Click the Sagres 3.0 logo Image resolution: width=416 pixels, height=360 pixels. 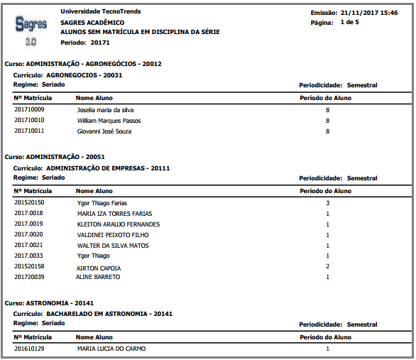click(31, 31)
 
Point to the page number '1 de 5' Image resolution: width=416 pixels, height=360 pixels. click(350, 23)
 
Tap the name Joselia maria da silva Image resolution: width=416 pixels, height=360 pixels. click(106, 110)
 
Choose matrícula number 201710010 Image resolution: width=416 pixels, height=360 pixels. click(29, 121)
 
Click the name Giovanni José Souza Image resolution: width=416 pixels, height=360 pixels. click(104, 131)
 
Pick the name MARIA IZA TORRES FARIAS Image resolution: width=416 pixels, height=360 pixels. click(114, 214)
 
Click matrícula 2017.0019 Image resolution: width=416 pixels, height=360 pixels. click(29, 224)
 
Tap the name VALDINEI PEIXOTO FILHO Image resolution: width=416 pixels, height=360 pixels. click(114, 235)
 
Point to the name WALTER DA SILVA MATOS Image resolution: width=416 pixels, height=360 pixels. click(114, 246)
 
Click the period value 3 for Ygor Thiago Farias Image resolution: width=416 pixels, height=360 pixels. click(327, 203)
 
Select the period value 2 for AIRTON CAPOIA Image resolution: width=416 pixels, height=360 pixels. click(327, 267)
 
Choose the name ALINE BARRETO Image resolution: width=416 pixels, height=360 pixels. click(99, 277)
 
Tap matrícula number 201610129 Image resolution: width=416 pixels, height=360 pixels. click(29, 349)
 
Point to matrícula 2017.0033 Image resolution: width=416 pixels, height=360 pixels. click(29, 256)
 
